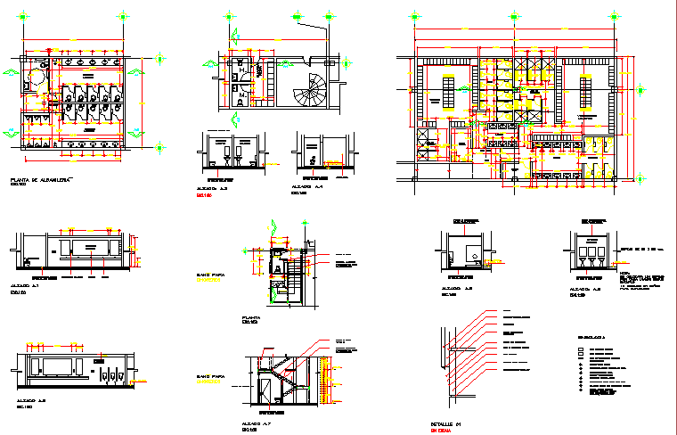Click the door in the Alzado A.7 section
point(265,391)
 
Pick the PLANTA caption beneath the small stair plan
point(250,317)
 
